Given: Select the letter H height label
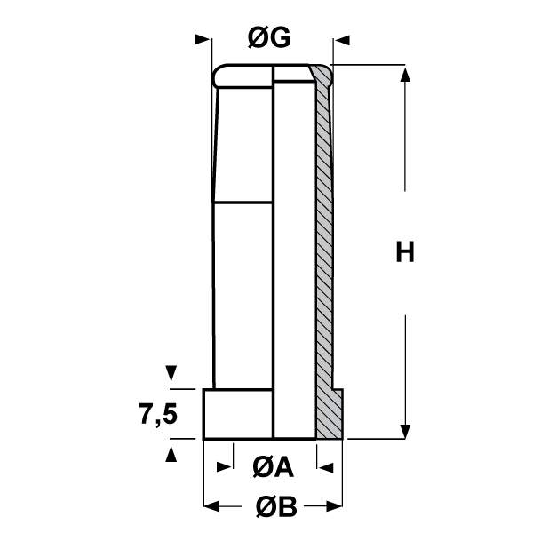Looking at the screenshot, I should (x=405, y=253).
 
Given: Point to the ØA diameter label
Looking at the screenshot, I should (x=272, y=465).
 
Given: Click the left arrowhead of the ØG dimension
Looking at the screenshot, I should (x=205, y=39).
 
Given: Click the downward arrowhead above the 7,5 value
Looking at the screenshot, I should (x=171, y=373).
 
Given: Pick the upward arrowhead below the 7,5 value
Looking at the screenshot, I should (x=171, y=454).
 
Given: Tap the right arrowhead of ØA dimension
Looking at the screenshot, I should (x=324, y=465).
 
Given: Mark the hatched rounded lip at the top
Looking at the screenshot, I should (x=322, y=76).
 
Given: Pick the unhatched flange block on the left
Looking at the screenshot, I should (x=238, y=414).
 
